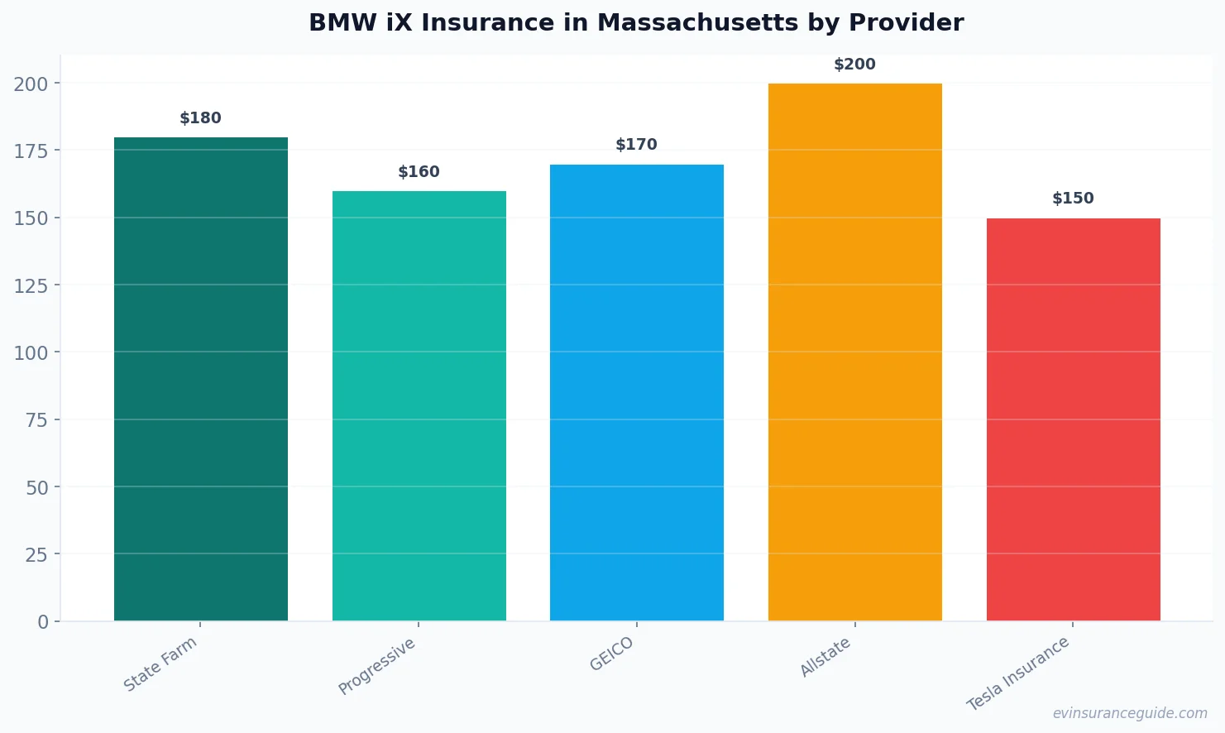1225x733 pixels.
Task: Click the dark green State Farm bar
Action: tap(201, 379)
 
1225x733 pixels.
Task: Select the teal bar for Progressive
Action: tap(419, 406)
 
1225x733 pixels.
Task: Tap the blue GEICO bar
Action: tap(636, 392)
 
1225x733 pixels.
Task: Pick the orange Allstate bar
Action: tap(854, 352)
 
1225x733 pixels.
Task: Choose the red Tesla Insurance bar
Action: tap(1073, 419)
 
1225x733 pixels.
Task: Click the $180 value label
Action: tap(201, 118)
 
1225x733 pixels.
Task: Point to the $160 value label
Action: tap(419, 172)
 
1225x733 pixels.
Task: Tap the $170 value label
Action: tap(636, 145)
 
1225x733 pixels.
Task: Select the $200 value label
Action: tap(854, 65)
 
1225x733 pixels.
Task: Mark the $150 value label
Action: tap(1073, 199)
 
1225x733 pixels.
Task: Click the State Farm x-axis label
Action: tap(160, 664)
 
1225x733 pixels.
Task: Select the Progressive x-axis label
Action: tap(377, 666)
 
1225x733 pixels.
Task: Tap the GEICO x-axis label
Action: tap(611, 654)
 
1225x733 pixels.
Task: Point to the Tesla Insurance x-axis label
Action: tap(1018, 673)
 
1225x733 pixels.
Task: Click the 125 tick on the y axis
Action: tap(31, 285)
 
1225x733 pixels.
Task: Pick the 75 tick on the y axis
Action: tap(36, 420)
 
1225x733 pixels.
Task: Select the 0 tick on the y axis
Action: tap(43, 622)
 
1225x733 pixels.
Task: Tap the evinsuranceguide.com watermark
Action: tap(1130, 713)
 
